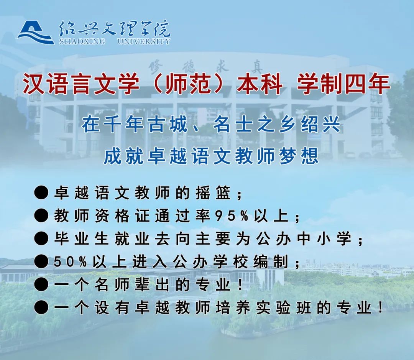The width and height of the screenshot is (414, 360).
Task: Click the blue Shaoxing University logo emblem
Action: (36, 33)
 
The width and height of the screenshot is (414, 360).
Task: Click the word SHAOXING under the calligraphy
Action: (82, 41)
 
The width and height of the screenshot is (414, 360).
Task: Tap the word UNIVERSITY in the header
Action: (144, 41)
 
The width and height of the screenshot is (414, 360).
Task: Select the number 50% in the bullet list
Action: (70, 262)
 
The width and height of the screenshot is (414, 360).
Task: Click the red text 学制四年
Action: (343, 84)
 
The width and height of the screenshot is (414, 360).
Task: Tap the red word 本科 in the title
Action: (260, 84)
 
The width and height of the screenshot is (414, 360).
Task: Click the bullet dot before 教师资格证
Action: (41, 216)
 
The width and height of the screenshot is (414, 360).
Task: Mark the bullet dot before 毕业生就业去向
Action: (41, 239)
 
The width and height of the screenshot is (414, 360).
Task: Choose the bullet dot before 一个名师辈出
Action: (41, 285)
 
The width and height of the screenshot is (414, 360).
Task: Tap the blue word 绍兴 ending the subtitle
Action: (321, 124)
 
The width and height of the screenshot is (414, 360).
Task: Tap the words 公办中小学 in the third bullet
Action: (303, 239)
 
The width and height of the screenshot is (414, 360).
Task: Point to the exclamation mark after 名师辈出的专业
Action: (240, 285)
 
